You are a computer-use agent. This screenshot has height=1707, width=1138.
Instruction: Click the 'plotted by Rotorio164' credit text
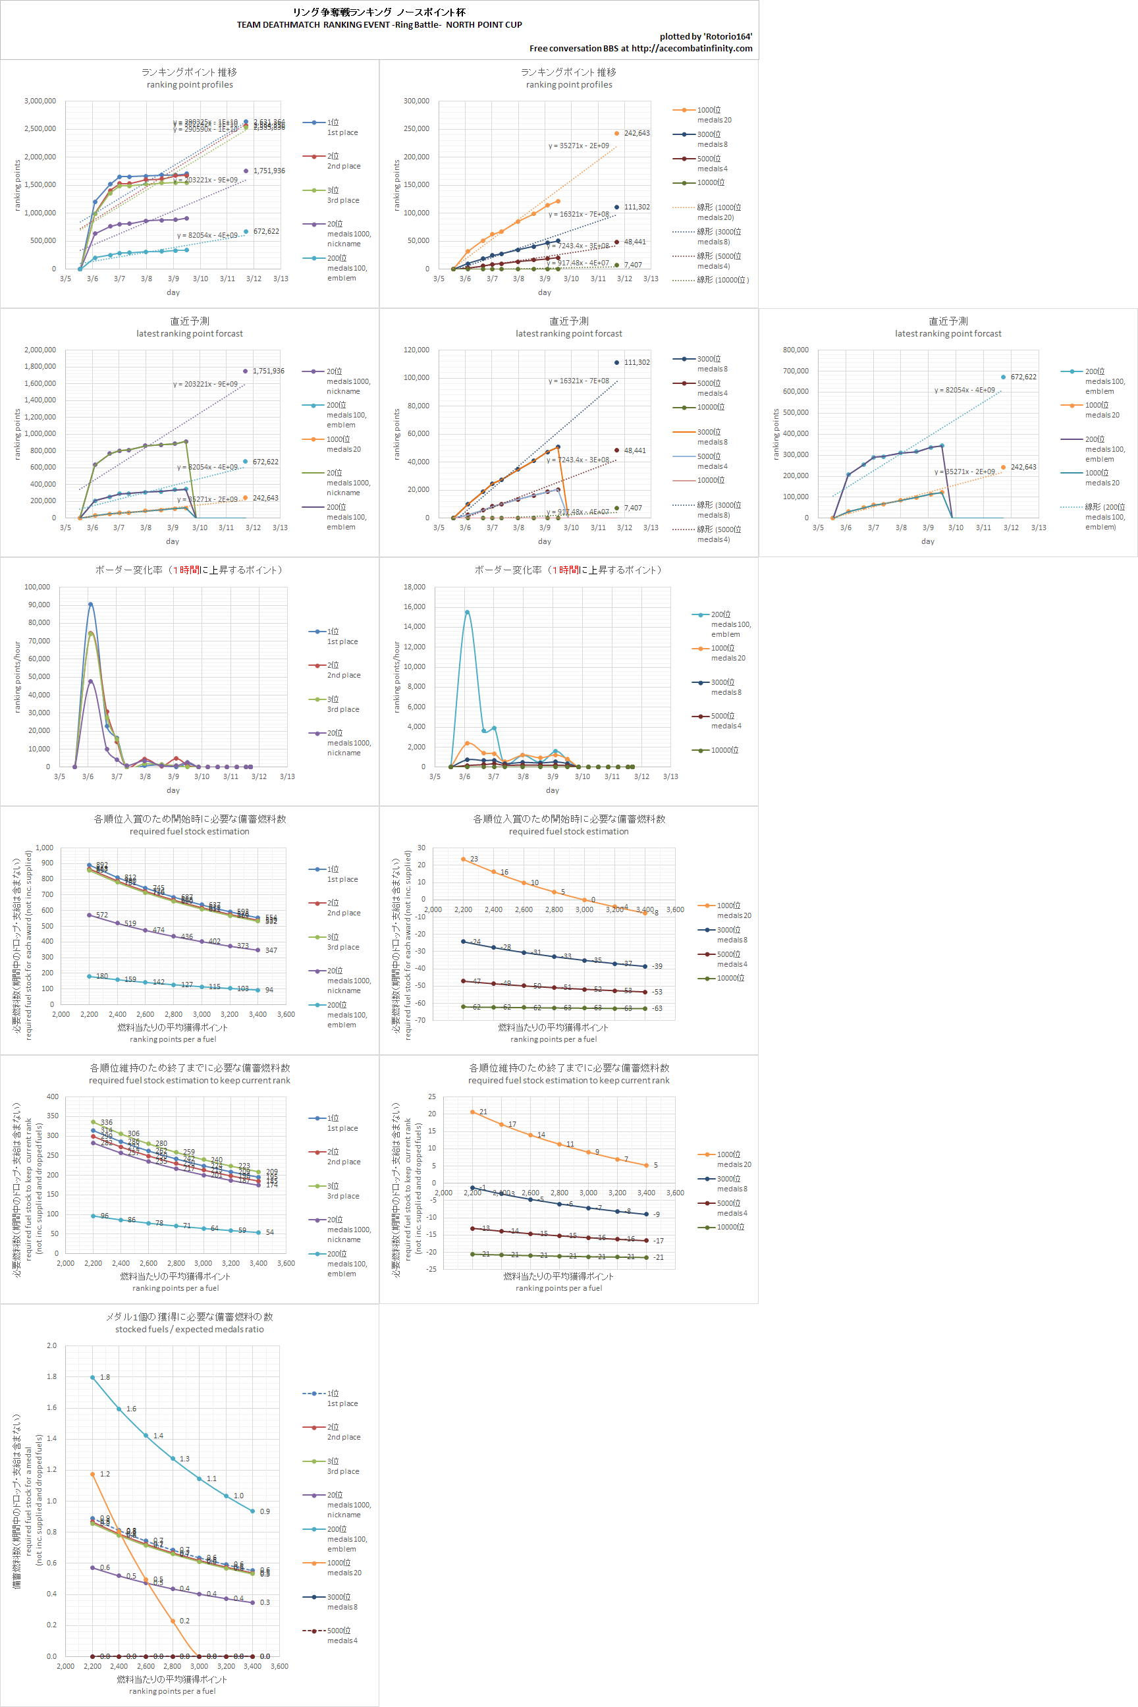(x=705, y=36)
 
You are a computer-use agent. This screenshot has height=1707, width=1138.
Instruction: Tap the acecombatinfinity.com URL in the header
(x=691, y=49)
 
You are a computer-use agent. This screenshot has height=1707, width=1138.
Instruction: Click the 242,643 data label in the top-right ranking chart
(x=636, y=134)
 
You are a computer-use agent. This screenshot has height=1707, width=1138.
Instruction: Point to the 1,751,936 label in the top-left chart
(x=269, y=171)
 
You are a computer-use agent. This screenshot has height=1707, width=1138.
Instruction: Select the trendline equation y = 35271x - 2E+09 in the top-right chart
(x=578, y=146)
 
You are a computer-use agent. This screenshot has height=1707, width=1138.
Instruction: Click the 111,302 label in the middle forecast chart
(x=636, y=363)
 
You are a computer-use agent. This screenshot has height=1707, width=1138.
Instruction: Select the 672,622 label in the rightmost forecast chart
(x=1023, y=377)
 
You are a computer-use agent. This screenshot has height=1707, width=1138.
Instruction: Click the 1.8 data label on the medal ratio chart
(x=105, y=1378)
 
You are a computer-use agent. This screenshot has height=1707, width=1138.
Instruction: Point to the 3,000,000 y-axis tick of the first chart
(x=40, y=101)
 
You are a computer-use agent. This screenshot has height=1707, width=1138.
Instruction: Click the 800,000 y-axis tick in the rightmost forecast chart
(x=796, y=350)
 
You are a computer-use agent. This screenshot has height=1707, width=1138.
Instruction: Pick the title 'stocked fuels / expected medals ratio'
(x=190, y=1330)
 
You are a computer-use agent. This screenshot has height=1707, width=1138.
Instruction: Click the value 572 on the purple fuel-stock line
(x=101, y=915)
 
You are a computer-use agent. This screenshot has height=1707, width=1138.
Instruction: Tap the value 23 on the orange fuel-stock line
(x=474, y=859)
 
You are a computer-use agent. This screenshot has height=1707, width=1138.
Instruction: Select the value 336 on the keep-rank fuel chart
(x=107, y=1123)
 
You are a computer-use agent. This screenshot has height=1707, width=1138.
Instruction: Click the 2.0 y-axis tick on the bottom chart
(x=51, y=1345)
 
